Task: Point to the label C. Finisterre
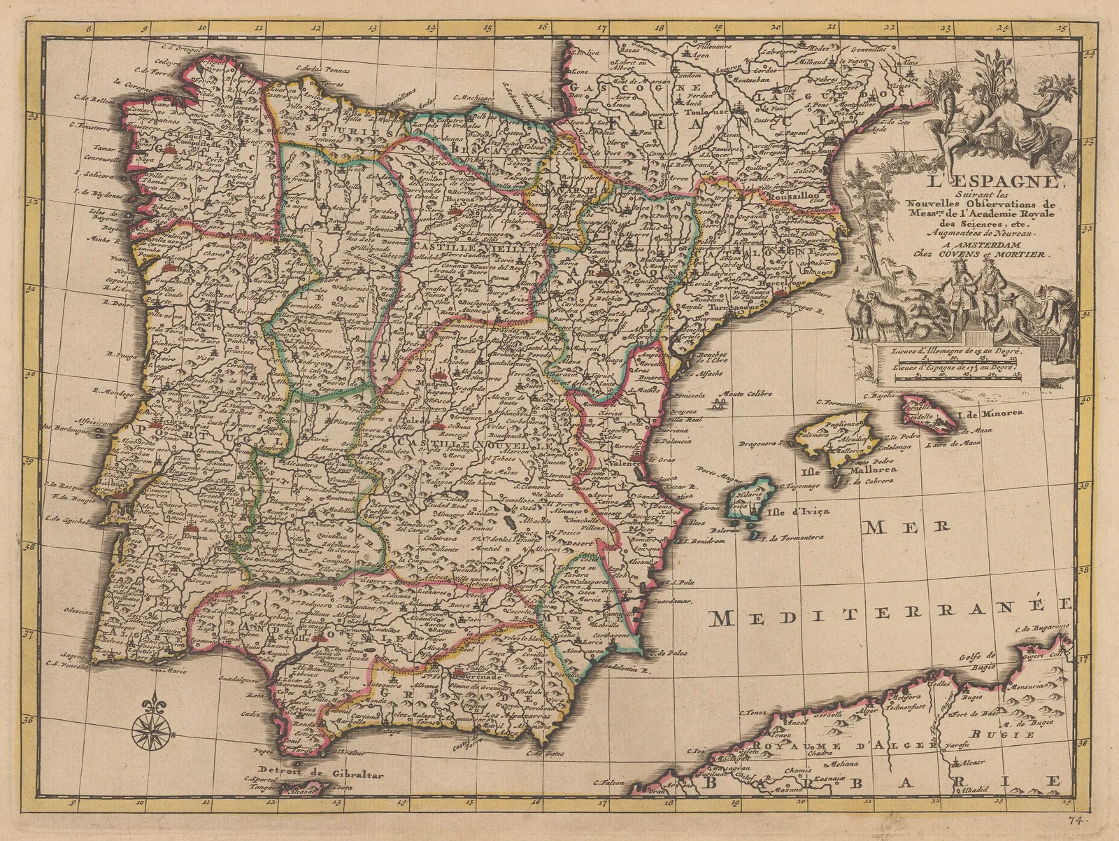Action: (x=90, y=128)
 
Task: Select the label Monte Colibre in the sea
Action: (x=747, y=394)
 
